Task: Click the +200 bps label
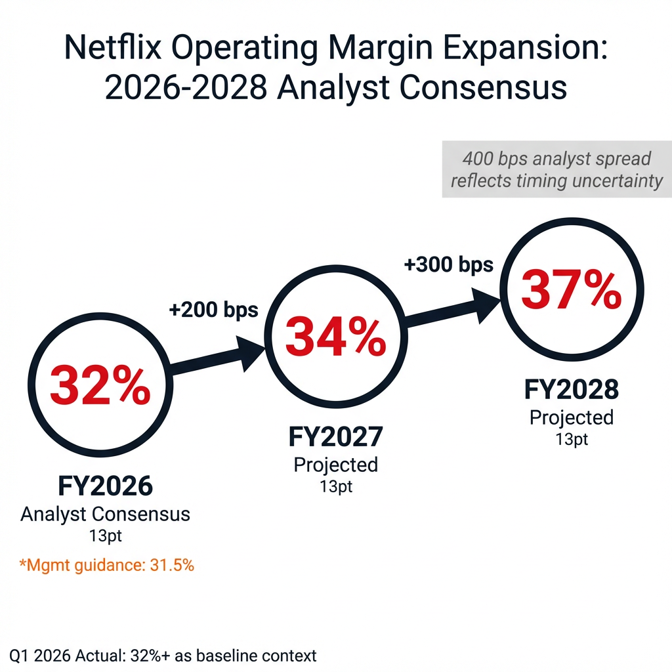(214, 310)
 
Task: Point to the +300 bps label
(448, 265)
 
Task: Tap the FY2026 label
(105, 486)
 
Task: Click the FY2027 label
(336, 437)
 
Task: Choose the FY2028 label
(571, 390)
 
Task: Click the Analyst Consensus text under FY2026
(105, 514)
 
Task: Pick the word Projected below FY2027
(336, 465)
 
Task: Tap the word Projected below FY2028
(571, 417)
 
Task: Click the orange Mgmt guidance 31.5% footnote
(105, 565)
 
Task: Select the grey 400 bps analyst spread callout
(556, 169)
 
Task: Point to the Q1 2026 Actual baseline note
(163, 655)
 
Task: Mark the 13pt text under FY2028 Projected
(571, 440)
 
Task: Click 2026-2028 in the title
(185, 87)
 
